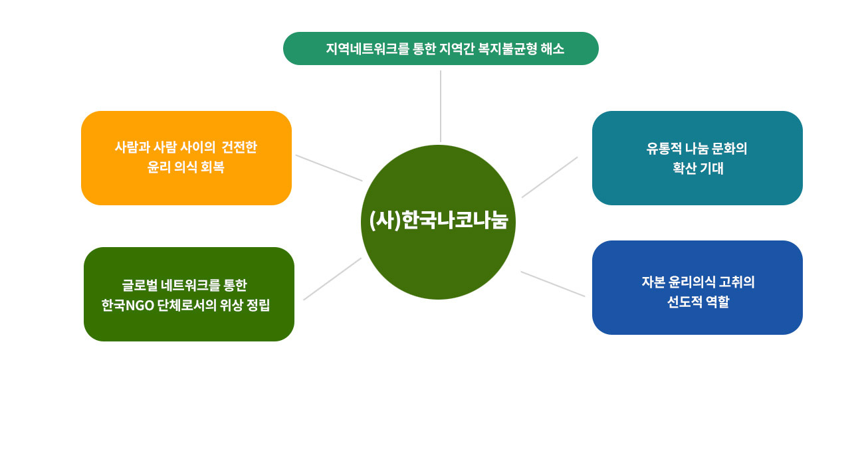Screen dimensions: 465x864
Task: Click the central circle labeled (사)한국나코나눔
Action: click(438, 222)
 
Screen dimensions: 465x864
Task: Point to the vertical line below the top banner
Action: click(441, 106)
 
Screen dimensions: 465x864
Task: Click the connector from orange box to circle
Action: click(329, 168)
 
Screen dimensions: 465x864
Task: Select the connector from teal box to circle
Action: click(550, 177)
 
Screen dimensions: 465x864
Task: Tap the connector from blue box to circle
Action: click(553, 284)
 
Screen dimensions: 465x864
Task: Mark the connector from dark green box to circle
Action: click(332, 279)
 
